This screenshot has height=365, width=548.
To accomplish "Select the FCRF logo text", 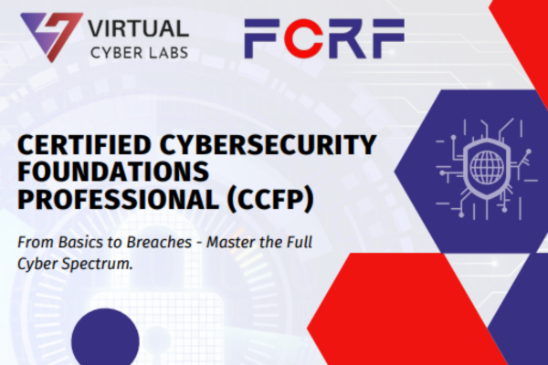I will click(324, 38).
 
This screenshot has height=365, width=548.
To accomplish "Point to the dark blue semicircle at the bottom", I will click(104, 343).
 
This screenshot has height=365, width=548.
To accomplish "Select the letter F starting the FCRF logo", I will click(261, 38).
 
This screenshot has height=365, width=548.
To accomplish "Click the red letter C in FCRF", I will click(302, 38).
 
